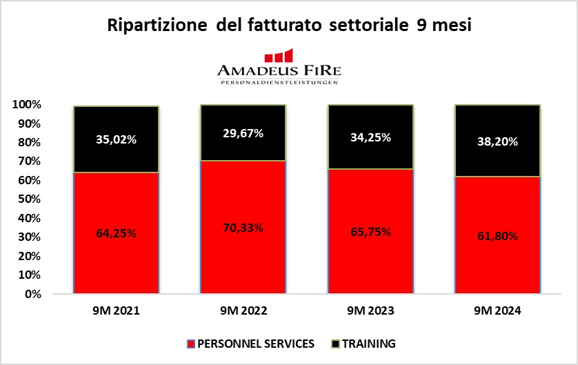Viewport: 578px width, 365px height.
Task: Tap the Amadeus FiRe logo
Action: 279,66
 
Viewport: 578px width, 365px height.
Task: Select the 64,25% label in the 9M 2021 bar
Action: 116,233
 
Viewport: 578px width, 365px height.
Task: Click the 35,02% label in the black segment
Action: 116,139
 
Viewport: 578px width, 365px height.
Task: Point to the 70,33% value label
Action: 243,228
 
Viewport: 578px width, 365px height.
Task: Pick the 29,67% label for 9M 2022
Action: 243,133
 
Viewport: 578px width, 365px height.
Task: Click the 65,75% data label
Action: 370,232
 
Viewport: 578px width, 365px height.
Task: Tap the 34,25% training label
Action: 370,137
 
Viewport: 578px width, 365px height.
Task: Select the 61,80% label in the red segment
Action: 497,236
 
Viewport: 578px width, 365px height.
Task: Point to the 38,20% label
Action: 497,141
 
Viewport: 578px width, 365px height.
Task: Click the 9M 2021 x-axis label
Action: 116,312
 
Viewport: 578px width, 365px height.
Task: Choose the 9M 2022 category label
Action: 243,312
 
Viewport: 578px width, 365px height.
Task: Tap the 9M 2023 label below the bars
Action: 370,312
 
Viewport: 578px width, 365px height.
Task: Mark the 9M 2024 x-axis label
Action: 497,312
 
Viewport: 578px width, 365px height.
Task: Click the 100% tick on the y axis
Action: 27,105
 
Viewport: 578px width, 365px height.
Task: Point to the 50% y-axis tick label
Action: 30,199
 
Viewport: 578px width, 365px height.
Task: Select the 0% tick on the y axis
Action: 32,294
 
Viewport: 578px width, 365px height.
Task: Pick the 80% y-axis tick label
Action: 30,143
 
